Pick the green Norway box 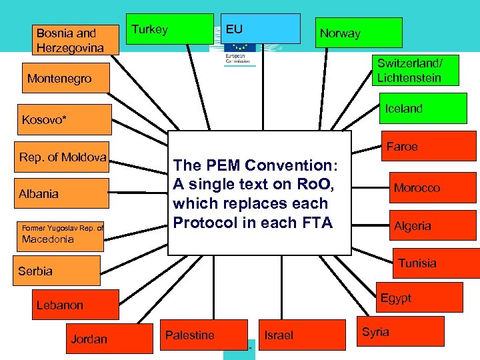(359, 33)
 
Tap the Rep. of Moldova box (63, 157)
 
